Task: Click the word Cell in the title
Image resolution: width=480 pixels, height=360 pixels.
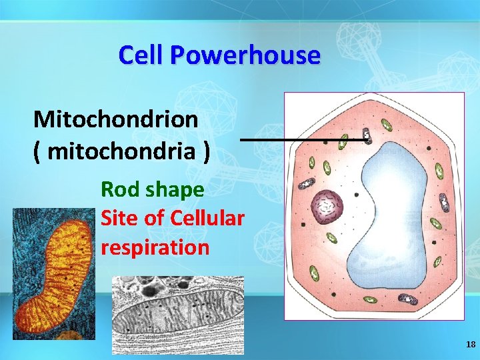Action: (x=141, y=55)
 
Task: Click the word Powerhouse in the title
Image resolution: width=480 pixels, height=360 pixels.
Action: (x=245, y=55)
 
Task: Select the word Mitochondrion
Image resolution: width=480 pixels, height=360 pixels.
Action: (x=115, y=119)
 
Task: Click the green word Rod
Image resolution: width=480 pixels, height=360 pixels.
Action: (x=119, y=189)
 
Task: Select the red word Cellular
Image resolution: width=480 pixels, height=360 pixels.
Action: (x=207, y=218)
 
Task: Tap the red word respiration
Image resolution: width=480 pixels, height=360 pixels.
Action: (x=155, y=247)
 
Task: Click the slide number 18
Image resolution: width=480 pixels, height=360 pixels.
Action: (x=471, y=344)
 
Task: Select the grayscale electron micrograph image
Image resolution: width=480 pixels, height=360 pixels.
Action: (x=177, y=314)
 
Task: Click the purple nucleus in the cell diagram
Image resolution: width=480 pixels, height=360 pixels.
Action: (x=327, y=206)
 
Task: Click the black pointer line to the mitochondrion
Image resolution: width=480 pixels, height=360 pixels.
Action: (x=300, y=139)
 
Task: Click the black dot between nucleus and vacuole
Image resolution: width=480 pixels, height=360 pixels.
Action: (x=357, y=195)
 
